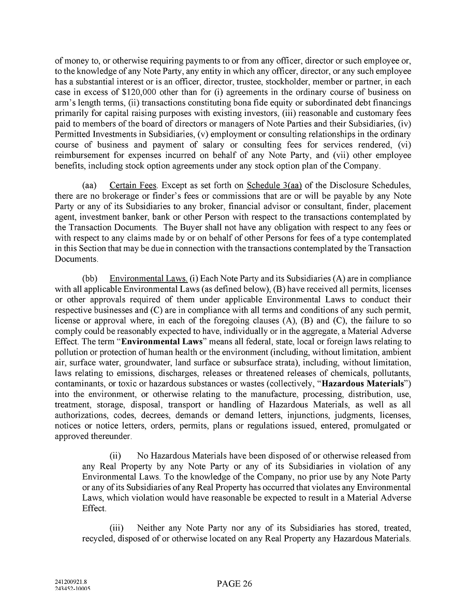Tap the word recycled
98,539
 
